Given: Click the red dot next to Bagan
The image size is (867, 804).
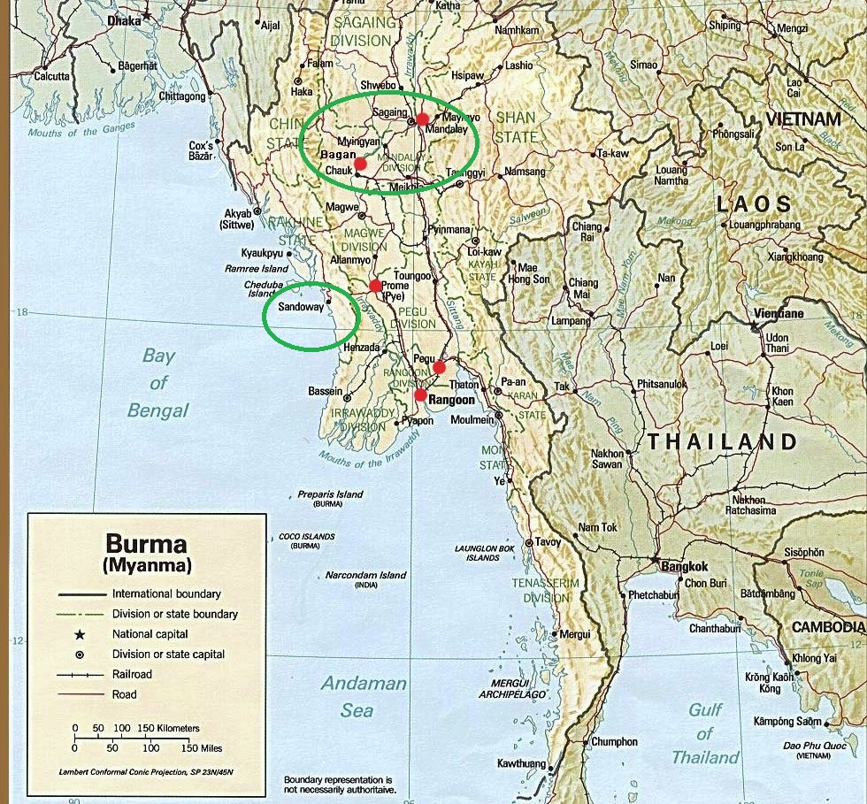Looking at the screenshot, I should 360,164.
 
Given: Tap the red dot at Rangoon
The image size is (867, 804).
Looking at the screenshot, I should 420,394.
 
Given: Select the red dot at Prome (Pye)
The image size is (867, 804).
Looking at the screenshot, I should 375,286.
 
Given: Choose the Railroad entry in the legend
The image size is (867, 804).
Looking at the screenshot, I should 132,675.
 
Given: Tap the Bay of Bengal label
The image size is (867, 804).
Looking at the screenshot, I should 158,383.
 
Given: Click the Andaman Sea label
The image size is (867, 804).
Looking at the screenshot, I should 363,696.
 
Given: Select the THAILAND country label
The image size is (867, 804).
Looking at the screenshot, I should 721,441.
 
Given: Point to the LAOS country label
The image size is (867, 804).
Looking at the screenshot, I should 755,204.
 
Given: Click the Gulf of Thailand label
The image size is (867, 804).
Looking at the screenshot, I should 704,733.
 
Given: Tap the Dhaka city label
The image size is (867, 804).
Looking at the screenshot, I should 123,19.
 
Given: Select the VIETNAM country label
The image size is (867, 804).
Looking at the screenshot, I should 803,119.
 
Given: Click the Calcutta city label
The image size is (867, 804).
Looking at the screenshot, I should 50,76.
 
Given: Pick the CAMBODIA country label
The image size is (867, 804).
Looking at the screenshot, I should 828,626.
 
